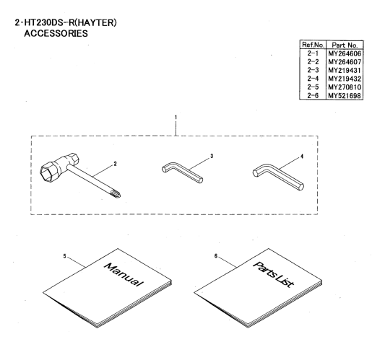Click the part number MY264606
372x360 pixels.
pyautogui.click(x=345, y=53)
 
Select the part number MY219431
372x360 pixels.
pyautogui.click(x=345, y=70)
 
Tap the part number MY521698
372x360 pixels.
pyautogui.click(x=345, y=95)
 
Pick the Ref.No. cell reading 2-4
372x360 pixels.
pyautogui.click(x=313, y=79)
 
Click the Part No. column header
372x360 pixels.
pyautogui.click(x=345, y=45)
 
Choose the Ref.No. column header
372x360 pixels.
pyautogui.click(x=313, y=45)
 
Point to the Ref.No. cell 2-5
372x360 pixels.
pyautogui.click(x=313, y=87)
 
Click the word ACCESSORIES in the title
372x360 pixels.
pyautogui.click(x=56, y=33)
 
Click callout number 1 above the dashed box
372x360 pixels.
pyautogui.click(x=176, y=117)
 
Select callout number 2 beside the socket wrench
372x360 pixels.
pyautogui.click(x=115, y=164)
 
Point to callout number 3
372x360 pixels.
pyautogui.click(x=212, y=156)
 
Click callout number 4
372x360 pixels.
pyautogui.click(x=302, y=157)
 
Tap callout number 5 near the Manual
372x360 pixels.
pyautogui.click(x=64, y=256)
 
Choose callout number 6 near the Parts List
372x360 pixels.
pyautogui.click(x=216, y=256)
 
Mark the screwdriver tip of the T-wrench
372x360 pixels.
pyautogui.click(x=116, y=194)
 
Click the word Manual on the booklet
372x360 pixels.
pyautogui.click(x=124, y=275)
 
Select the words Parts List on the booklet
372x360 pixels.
pyautogui.click(x=274, y=274)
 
